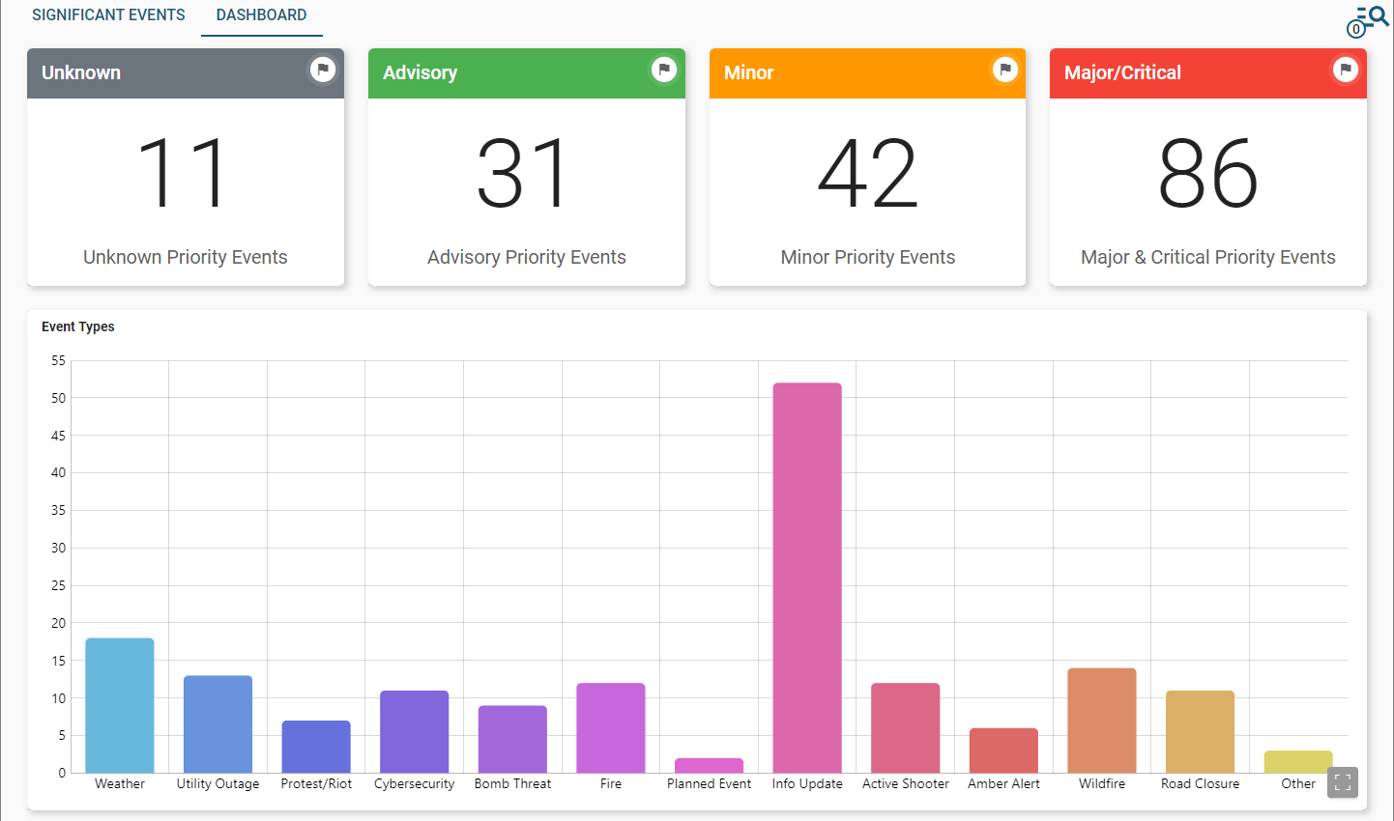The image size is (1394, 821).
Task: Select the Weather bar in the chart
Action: coord(120,705)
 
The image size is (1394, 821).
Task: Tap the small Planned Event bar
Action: coord(709,765)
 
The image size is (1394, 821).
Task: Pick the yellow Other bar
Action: coord(1298,762)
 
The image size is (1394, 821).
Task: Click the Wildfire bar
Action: coord(1102,721)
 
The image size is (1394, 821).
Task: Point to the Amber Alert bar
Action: coord(1003,750)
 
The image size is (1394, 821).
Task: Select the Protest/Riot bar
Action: coord(316,747)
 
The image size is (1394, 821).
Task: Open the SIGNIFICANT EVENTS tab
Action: coord(108,15)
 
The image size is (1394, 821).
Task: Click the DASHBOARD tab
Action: coord(261,15)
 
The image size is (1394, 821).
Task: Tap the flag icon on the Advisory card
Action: coord(663,70)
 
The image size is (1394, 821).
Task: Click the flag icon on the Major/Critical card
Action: coord(1345,70)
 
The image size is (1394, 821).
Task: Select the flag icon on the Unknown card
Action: coord(323,70)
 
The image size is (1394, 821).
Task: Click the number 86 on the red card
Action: coord(1207,174)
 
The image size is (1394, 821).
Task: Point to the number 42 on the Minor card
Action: coord(867,174)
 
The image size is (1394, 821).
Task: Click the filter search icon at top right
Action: coord(1369,19)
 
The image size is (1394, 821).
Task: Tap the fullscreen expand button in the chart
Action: coord(1343,782)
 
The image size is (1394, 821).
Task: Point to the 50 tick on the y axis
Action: coord(59,398)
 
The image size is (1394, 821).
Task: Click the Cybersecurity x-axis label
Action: coord(414,784)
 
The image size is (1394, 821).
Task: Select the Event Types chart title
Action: coord(78,326)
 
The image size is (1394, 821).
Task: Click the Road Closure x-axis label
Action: coord(1200,784)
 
